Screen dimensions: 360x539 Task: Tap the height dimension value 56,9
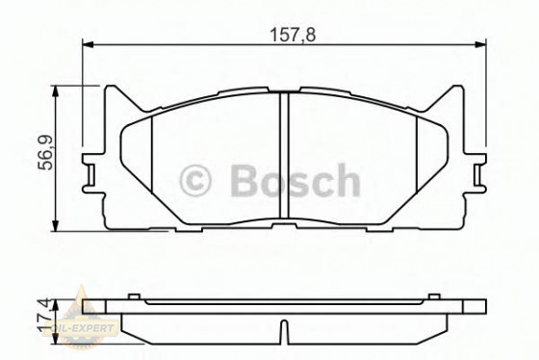point(44,156)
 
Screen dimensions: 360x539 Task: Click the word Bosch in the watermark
point(294,180)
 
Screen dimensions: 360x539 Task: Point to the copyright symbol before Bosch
point(196,180)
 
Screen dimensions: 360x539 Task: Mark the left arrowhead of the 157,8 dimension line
point(88,43)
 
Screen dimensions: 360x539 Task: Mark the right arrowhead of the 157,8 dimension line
point(481,43)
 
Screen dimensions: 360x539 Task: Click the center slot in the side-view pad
point(285,333)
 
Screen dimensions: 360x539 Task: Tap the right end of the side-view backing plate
point(478,306)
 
